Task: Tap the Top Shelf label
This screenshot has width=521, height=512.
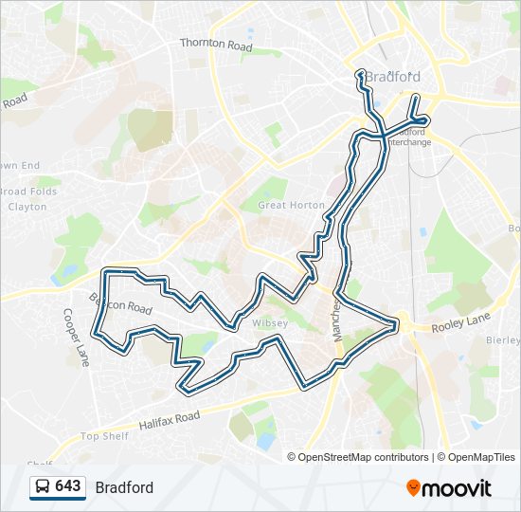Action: pyautogui.click(x=103, y=436)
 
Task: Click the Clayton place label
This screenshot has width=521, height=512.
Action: pyautogui.click(x=27, y=206)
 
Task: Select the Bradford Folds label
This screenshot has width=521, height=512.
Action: pyautogui.click(x=28, y=192)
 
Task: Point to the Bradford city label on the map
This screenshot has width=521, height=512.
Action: pyautogui.click(x=392, y=77)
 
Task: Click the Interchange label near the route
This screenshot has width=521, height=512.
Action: pyautogui.click(x=409, y=142)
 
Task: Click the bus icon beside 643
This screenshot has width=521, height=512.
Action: pyautogui.click(x=42, y=487)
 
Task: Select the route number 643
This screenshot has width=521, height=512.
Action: pyautogui.click(x=68, y=486)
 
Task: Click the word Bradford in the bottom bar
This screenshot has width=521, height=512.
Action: pyautogui.click(x=124, y=487)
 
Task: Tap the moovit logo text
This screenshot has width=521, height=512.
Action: pyautogui.click(x=457, y=488)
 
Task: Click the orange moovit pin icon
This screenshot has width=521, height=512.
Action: pyautogui.click(x=413, y=487)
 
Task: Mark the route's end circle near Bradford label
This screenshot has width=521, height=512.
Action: pyautogui.click(x=360, y=74)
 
